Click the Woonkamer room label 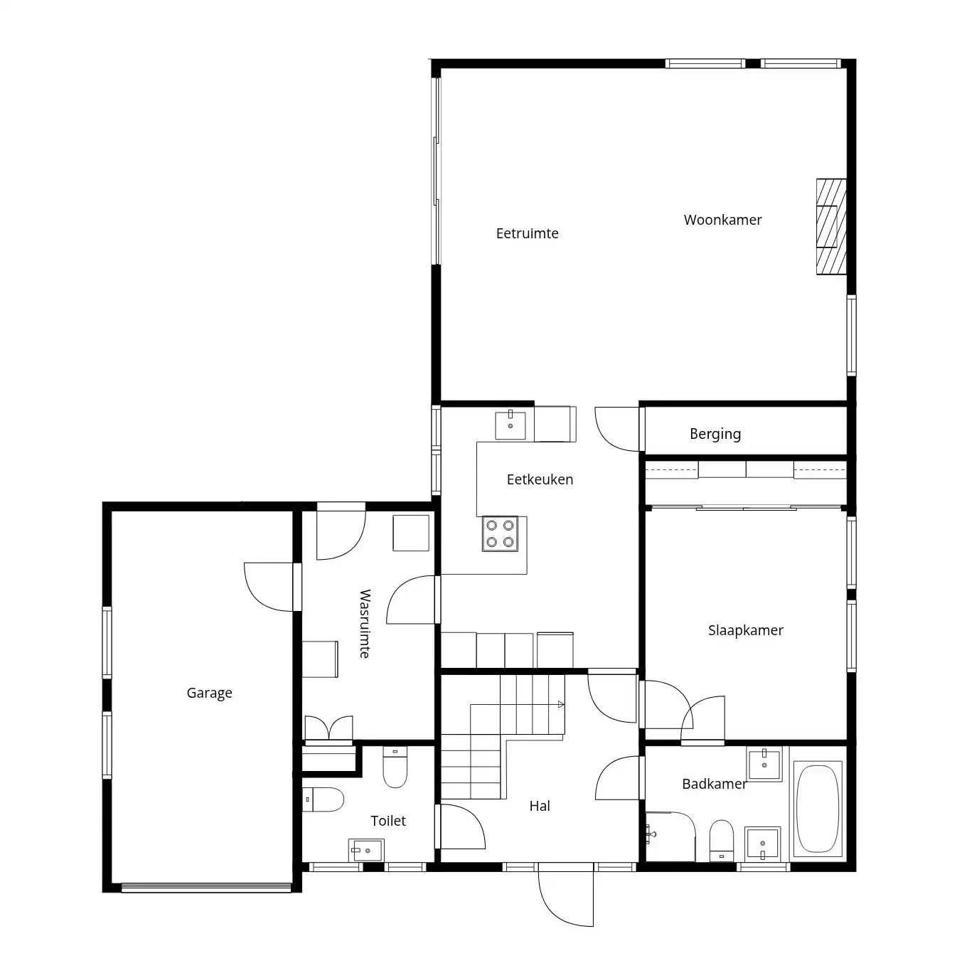point(722,220)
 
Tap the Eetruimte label point(527,233)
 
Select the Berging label point(715,435)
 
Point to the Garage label point(209,693)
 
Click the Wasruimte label point(365,624)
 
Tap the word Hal point(540,806)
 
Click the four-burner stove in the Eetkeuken point(500,533)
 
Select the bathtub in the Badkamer point(818,809)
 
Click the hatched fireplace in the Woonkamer point(831,227)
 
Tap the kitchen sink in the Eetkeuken point(510,425)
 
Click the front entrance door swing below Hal point(566,894)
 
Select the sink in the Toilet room point(366,850)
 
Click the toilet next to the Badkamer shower point(721,840)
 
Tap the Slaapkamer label point(746,630)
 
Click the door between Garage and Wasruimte point(272,587)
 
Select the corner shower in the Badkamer point(670,836)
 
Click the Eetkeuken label point(540,479)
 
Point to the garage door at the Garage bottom point(206,887)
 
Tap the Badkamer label point(714,784)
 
